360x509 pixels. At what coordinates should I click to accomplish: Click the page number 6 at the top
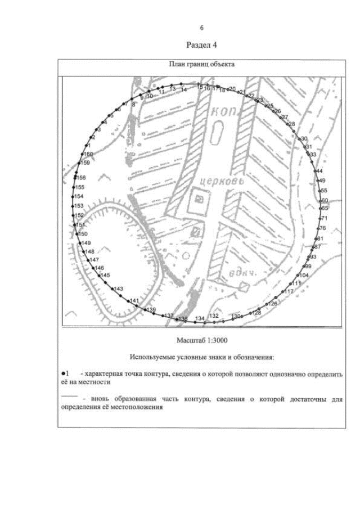click(201, 28)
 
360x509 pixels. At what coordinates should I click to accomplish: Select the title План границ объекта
click(202, 64)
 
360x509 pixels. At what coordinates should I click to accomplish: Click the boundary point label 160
click(89, 154)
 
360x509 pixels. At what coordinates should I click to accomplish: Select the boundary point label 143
click(118, 289)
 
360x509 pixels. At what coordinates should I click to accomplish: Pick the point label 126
click(273, 303)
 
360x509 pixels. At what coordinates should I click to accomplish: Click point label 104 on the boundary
click(303, 275)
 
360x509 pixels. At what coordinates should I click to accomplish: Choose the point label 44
click(319, 170)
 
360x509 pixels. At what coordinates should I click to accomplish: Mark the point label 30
click(304, 138)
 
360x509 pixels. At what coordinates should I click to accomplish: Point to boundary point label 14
click(184, 89)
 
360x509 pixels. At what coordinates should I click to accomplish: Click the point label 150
click(83, 233)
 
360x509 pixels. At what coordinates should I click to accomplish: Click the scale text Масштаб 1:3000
click(201, 340)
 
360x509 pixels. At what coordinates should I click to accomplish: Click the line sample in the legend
click(67, 397)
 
